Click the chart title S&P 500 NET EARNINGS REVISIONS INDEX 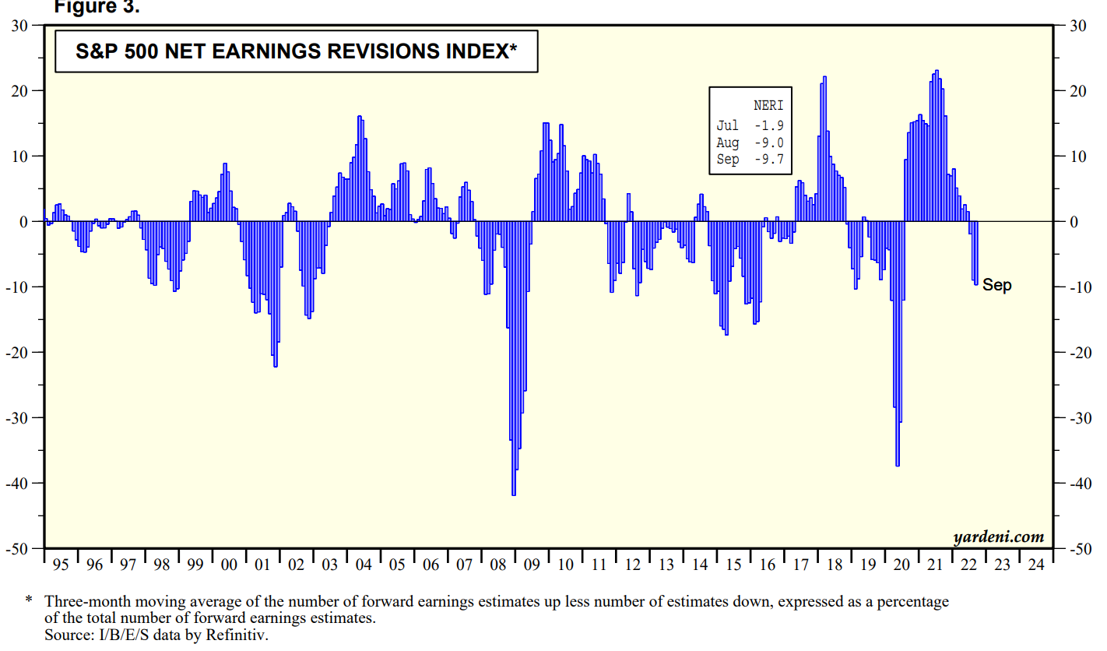(x=297, y=52)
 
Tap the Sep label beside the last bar (x=997, y=285)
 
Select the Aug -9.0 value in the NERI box (x=768, y=143)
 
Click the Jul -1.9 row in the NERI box (x=750, y=125)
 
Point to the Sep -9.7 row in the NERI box (x=750, y=160)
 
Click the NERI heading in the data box (x=768, y=105)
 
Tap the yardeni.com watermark (x=997, y=537)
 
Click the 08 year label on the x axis (x=497, y=565)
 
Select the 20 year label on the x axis (x=902, y=565)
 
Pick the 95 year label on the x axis (x=60, y=565)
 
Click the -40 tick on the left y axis (x=19, y=484)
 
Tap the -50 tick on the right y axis (x=1078, y=549)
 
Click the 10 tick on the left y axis (x=22, y=157)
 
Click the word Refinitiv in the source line (x=238, y=635)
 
